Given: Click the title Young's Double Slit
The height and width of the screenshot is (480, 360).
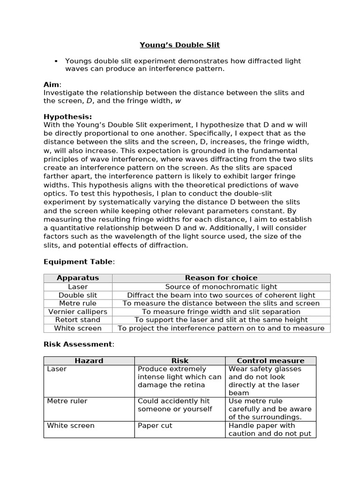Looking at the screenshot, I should [180, 45].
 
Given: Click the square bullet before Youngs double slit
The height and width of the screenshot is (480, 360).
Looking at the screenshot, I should [56, 61].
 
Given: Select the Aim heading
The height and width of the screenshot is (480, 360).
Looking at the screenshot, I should [52, 84].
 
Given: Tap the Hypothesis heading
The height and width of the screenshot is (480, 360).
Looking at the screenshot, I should [67, 117].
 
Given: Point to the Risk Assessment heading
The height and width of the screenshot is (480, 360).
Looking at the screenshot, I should [78, 344].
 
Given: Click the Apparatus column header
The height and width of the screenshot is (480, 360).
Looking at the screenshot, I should [78, 278].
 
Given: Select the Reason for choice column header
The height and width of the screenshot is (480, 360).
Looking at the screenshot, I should [221, 278].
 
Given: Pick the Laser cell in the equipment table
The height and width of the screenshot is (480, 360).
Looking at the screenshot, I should [78, 286].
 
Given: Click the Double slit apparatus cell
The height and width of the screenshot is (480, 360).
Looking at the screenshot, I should [78, 295].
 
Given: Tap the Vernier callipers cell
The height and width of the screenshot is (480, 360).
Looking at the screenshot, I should [78, 312].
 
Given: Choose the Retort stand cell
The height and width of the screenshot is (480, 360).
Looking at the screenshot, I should [78, 320].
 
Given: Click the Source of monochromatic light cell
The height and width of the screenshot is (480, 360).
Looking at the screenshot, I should [221, 286].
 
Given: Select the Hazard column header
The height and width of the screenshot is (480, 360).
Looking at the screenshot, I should [89, 360].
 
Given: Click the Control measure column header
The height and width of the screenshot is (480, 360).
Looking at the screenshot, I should [270, 360].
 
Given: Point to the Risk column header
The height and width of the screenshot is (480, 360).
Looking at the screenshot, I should [180, 360].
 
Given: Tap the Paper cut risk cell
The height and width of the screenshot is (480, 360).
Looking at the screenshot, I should [155, 426].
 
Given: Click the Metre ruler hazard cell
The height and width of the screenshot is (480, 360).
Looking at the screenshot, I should [67, 401].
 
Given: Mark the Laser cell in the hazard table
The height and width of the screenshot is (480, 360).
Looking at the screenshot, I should [57, 369].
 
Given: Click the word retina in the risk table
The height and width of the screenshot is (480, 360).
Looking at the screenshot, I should [194, 385].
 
